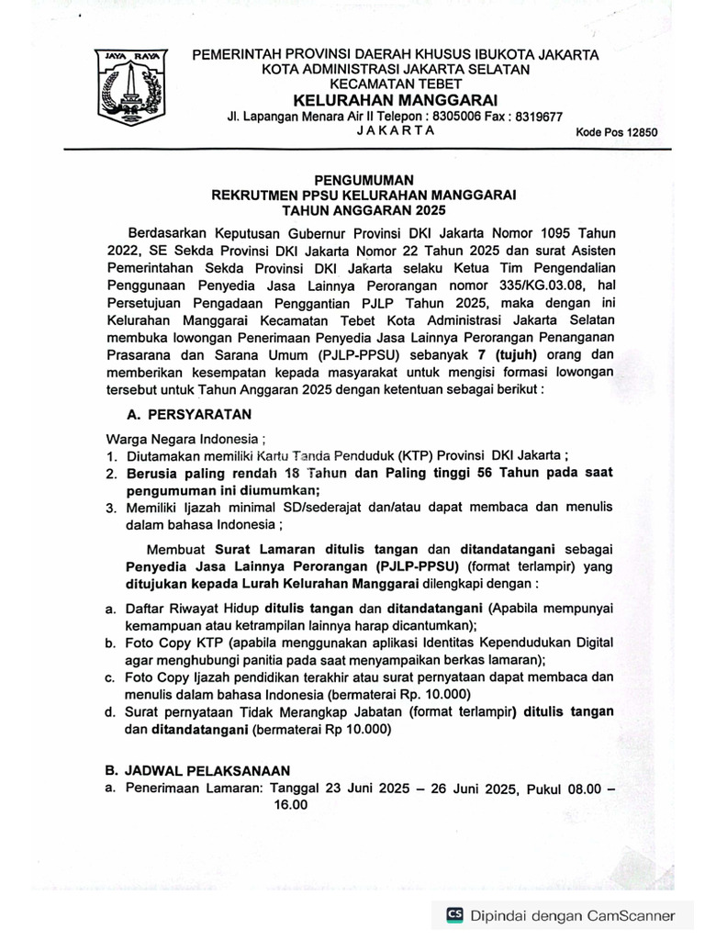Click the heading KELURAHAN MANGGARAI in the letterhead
click(395, 99)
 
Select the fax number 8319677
click(534, 116)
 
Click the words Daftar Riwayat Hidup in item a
click(194, 608)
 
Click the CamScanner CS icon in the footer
click(453, 915)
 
